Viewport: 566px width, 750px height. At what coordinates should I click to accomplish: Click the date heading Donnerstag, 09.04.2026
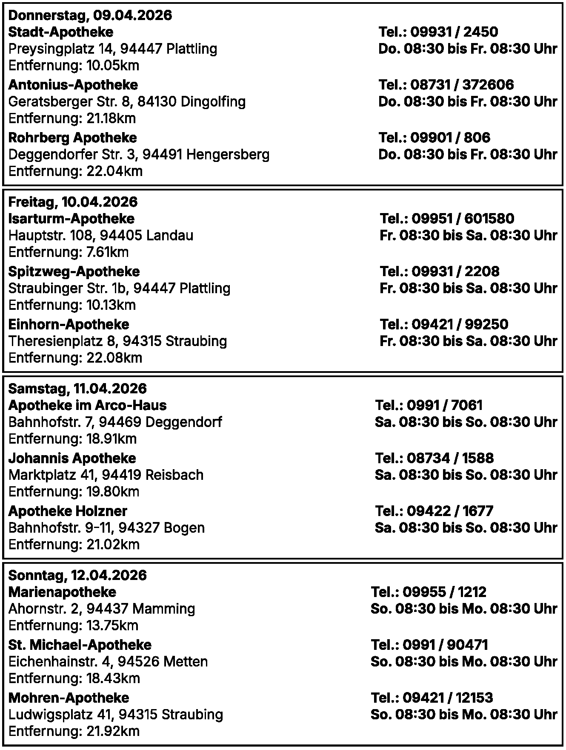(x=90, y=15)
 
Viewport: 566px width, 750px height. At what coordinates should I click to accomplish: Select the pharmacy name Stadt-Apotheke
(x=61, y=32)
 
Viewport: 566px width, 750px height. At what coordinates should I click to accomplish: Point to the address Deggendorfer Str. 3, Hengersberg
(x=139, y=154)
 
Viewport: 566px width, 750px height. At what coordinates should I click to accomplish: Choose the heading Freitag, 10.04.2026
(x=73, y=202)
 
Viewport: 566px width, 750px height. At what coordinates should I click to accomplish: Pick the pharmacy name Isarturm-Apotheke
(x=71, y=219)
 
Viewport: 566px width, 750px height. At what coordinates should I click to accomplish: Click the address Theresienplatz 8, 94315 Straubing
(x=117, y=341)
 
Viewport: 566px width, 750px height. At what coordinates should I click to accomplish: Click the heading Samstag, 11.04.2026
(x=77, y=389)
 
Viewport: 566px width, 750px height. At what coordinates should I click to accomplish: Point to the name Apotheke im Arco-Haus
(x=87, y=405)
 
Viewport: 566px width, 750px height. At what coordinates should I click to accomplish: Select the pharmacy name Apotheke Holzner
(x=68, y=511)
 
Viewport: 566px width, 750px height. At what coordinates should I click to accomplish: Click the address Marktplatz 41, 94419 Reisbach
(x=106, y=475)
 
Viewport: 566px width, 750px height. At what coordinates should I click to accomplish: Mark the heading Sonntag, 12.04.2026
(x=77, y=575)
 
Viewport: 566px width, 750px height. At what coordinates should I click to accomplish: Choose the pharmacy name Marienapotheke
(x=62, y=592)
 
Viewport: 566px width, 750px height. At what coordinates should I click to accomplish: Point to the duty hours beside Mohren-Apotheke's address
(x=464, y=714)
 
